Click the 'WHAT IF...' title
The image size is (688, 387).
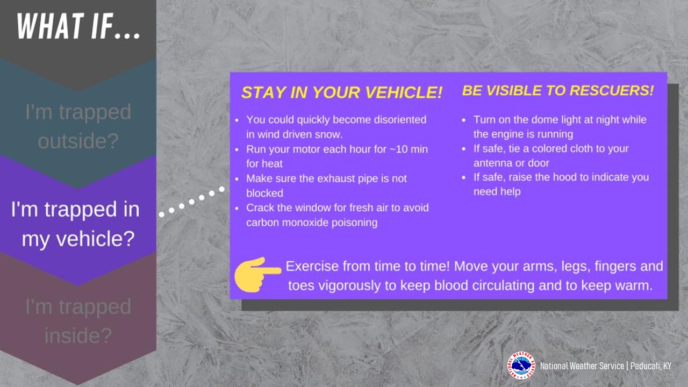click(78, 26)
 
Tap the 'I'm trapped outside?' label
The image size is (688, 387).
click(78, 126)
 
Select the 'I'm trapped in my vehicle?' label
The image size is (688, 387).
click(76, 224)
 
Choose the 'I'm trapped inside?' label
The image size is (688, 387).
click(78, 321)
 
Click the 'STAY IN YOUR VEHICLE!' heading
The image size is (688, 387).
click(341, 92)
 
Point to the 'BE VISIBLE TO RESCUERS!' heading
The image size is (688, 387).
click(558, 91)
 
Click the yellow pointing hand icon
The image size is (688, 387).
click(257, 275)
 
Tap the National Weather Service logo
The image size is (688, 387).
click(521, 365)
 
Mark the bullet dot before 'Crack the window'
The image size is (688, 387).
click(237, 208)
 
